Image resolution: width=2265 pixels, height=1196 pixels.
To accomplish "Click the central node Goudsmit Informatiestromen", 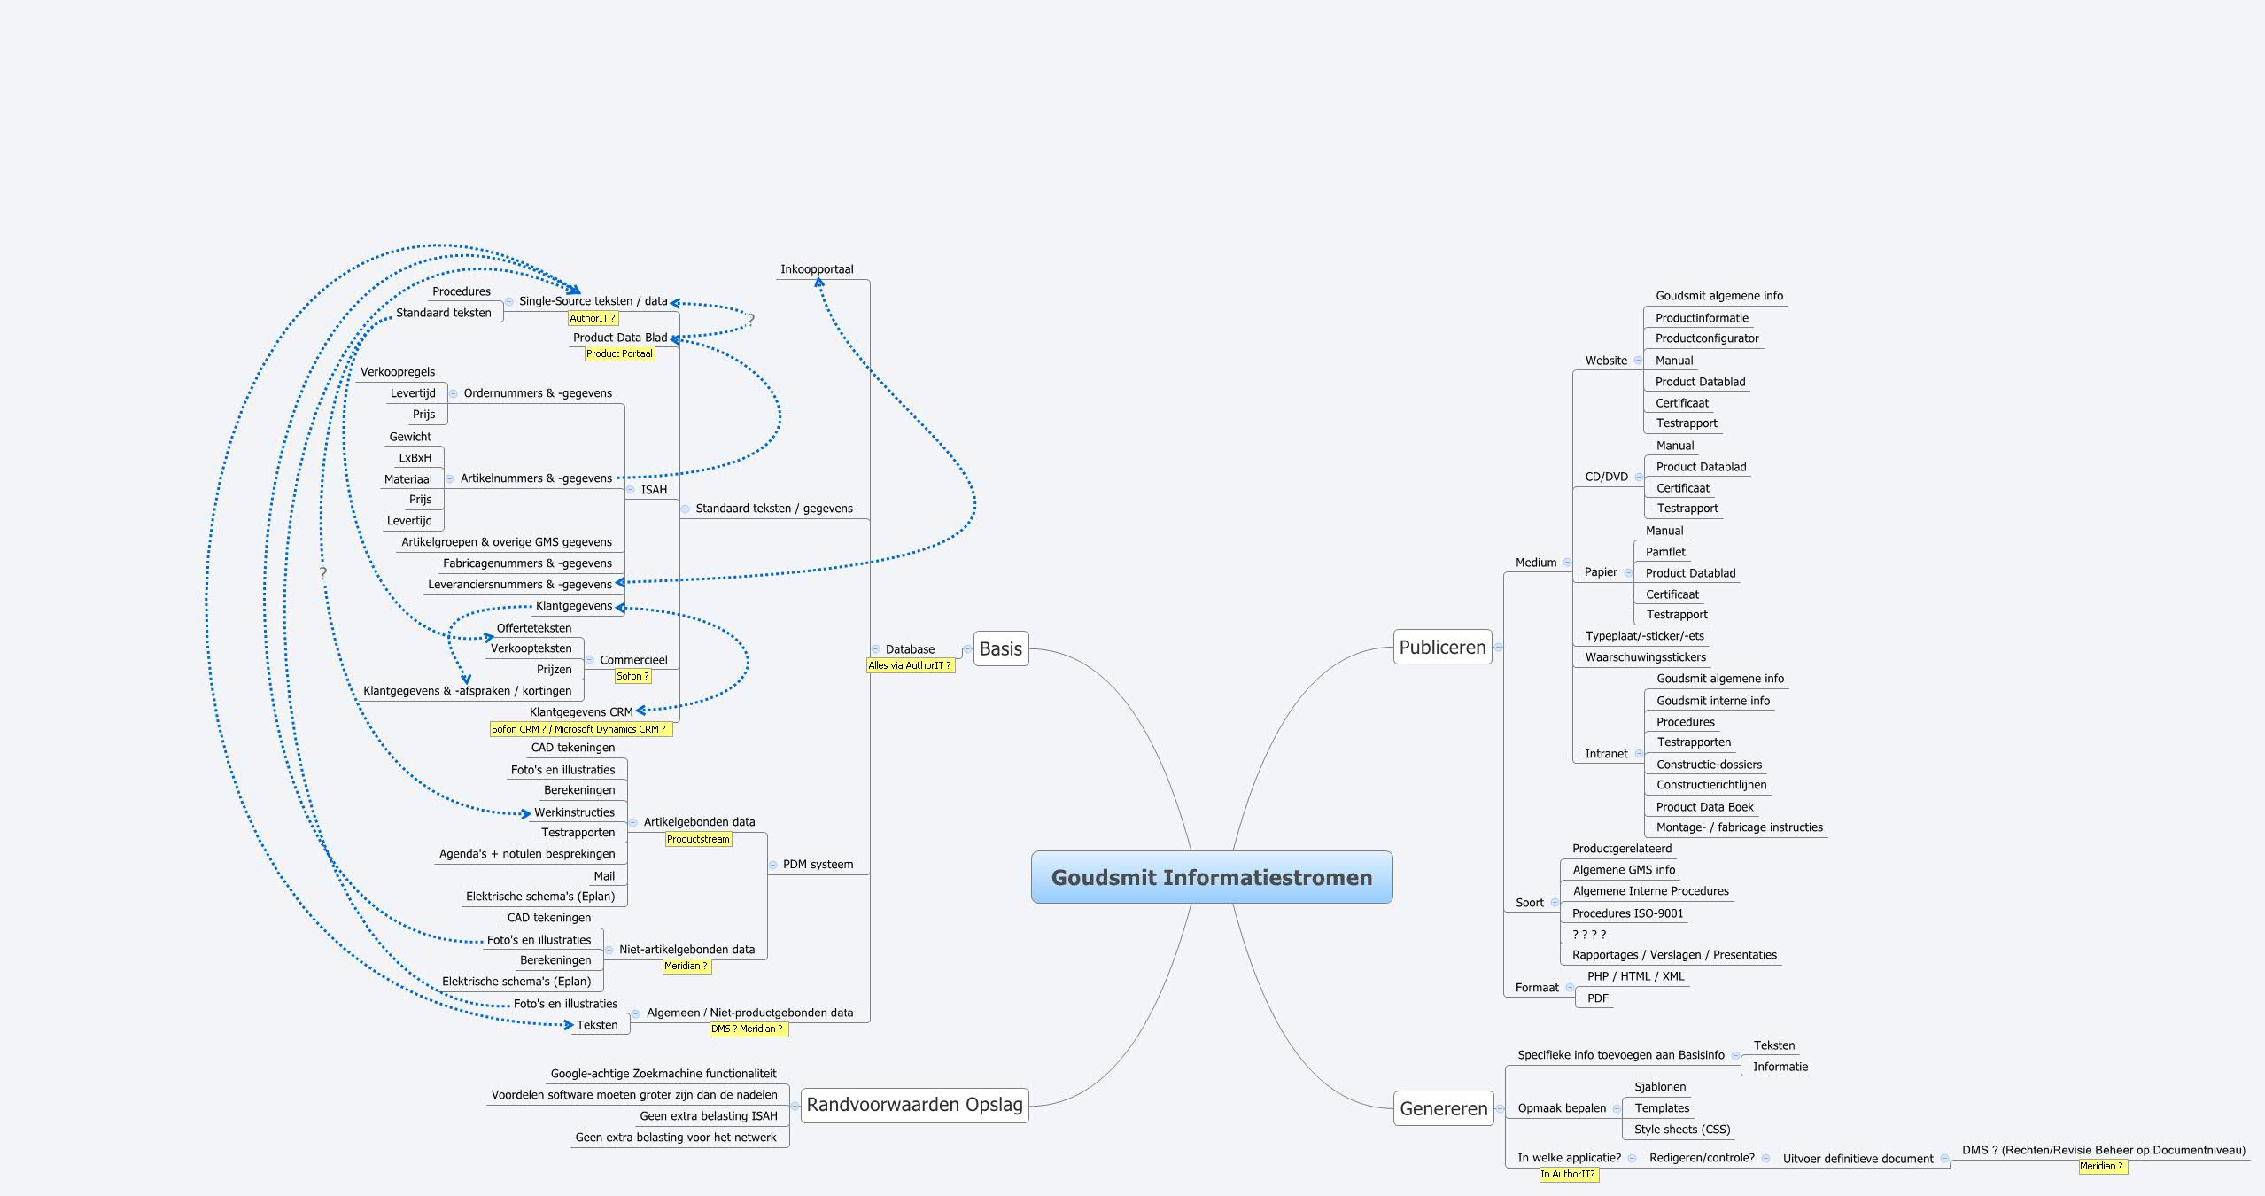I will click(1211, 877).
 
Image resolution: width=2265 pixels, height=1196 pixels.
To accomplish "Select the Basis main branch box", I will click(1000, 648).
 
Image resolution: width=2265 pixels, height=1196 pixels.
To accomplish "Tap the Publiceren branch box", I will click(1442, 647).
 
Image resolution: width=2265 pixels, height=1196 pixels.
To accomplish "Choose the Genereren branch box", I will click(1443, 1108).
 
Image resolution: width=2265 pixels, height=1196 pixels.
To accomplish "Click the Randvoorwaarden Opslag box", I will click(914, 1105).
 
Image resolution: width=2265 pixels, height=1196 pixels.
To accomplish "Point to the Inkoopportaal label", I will click(817, 269).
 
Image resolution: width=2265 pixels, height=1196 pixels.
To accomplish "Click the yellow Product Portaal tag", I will click(619, 353).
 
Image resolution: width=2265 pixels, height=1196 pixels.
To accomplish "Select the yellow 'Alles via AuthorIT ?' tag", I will click(910, 665).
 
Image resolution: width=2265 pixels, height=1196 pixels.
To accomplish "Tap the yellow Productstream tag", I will click(698, 839).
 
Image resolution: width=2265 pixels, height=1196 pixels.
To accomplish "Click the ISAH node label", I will click(654, 490).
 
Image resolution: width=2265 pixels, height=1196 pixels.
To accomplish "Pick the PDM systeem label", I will click(818, 865).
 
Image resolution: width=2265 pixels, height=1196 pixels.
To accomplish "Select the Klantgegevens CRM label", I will click(581, 712).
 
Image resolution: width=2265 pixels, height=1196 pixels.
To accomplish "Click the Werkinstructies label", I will click(574, 812).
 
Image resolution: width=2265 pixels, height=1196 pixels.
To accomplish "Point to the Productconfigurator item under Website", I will click(1706, 338).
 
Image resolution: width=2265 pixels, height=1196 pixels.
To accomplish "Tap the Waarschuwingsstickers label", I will click(1645, 657).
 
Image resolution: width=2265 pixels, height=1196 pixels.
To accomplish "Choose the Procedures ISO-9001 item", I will click(1627, 913).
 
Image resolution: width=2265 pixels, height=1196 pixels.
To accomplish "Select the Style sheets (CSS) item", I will click(1681, 1130).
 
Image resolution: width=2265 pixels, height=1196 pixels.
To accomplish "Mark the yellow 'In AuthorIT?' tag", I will click(1568, 1174).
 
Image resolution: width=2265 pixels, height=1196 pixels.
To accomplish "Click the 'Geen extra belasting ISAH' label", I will click(708, 1116).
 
